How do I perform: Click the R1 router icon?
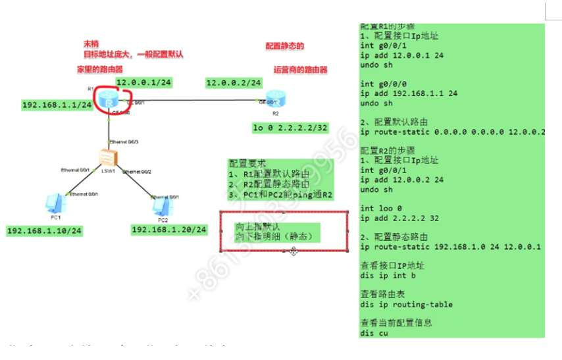point(107,100)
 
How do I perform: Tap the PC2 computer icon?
point(160,206)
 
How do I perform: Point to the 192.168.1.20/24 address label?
point(169,230)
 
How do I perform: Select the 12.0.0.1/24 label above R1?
point(143,82)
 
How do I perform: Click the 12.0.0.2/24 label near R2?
point(234,83)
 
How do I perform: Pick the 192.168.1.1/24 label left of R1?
point(57,105)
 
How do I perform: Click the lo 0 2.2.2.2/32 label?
point(290,127)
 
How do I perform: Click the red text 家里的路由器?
point(99,69)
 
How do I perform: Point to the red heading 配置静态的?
point(285,47)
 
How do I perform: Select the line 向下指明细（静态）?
point(273,236)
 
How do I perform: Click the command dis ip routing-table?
point(406,305)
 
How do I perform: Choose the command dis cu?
point(374,333)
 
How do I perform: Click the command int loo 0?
point(380,209)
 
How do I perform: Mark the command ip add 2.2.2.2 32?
point(399,218)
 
